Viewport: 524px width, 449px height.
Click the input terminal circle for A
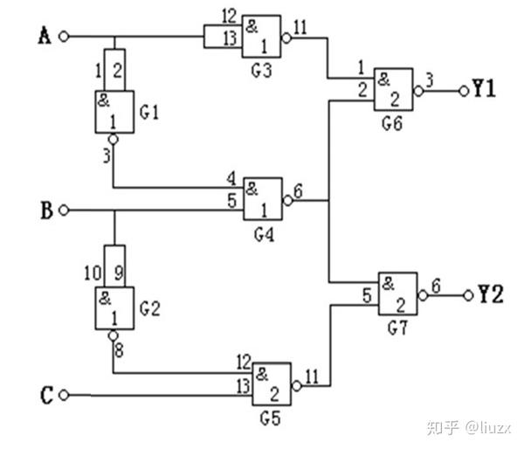point(62,37)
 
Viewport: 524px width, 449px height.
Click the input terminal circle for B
point(62,211)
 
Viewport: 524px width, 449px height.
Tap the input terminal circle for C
point(62,396)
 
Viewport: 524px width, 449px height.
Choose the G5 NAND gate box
point(272,385)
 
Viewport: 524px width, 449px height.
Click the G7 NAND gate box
point(396,294)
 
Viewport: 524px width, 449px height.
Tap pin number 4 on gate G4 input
point(231,180)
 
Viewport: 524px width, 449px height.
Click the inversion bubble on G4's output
point(287,200)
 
